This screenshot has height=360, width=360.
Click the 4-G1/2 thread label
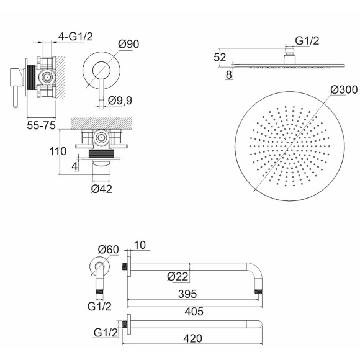pos(76,37)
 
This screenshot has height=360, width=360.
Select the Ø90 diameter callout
pos(128,44)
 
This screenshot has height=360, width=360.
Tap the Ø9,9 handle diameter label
pos(120,101)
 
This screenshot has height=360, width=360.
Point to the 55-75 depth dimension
pos(42,125)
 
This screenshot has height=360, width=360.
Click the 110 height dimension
pos(58,151)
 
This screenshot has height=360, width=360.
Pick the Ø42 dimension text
pos(101,189)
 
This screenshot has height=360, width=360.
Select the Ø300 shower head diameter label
pos(344,89)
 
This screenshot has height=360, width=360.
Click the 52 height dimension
pos(220,57)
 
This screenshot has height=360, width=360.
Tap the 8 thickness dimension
pos(228,75)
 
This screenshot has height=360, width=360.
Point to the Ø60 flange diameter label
pos(109,250)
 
